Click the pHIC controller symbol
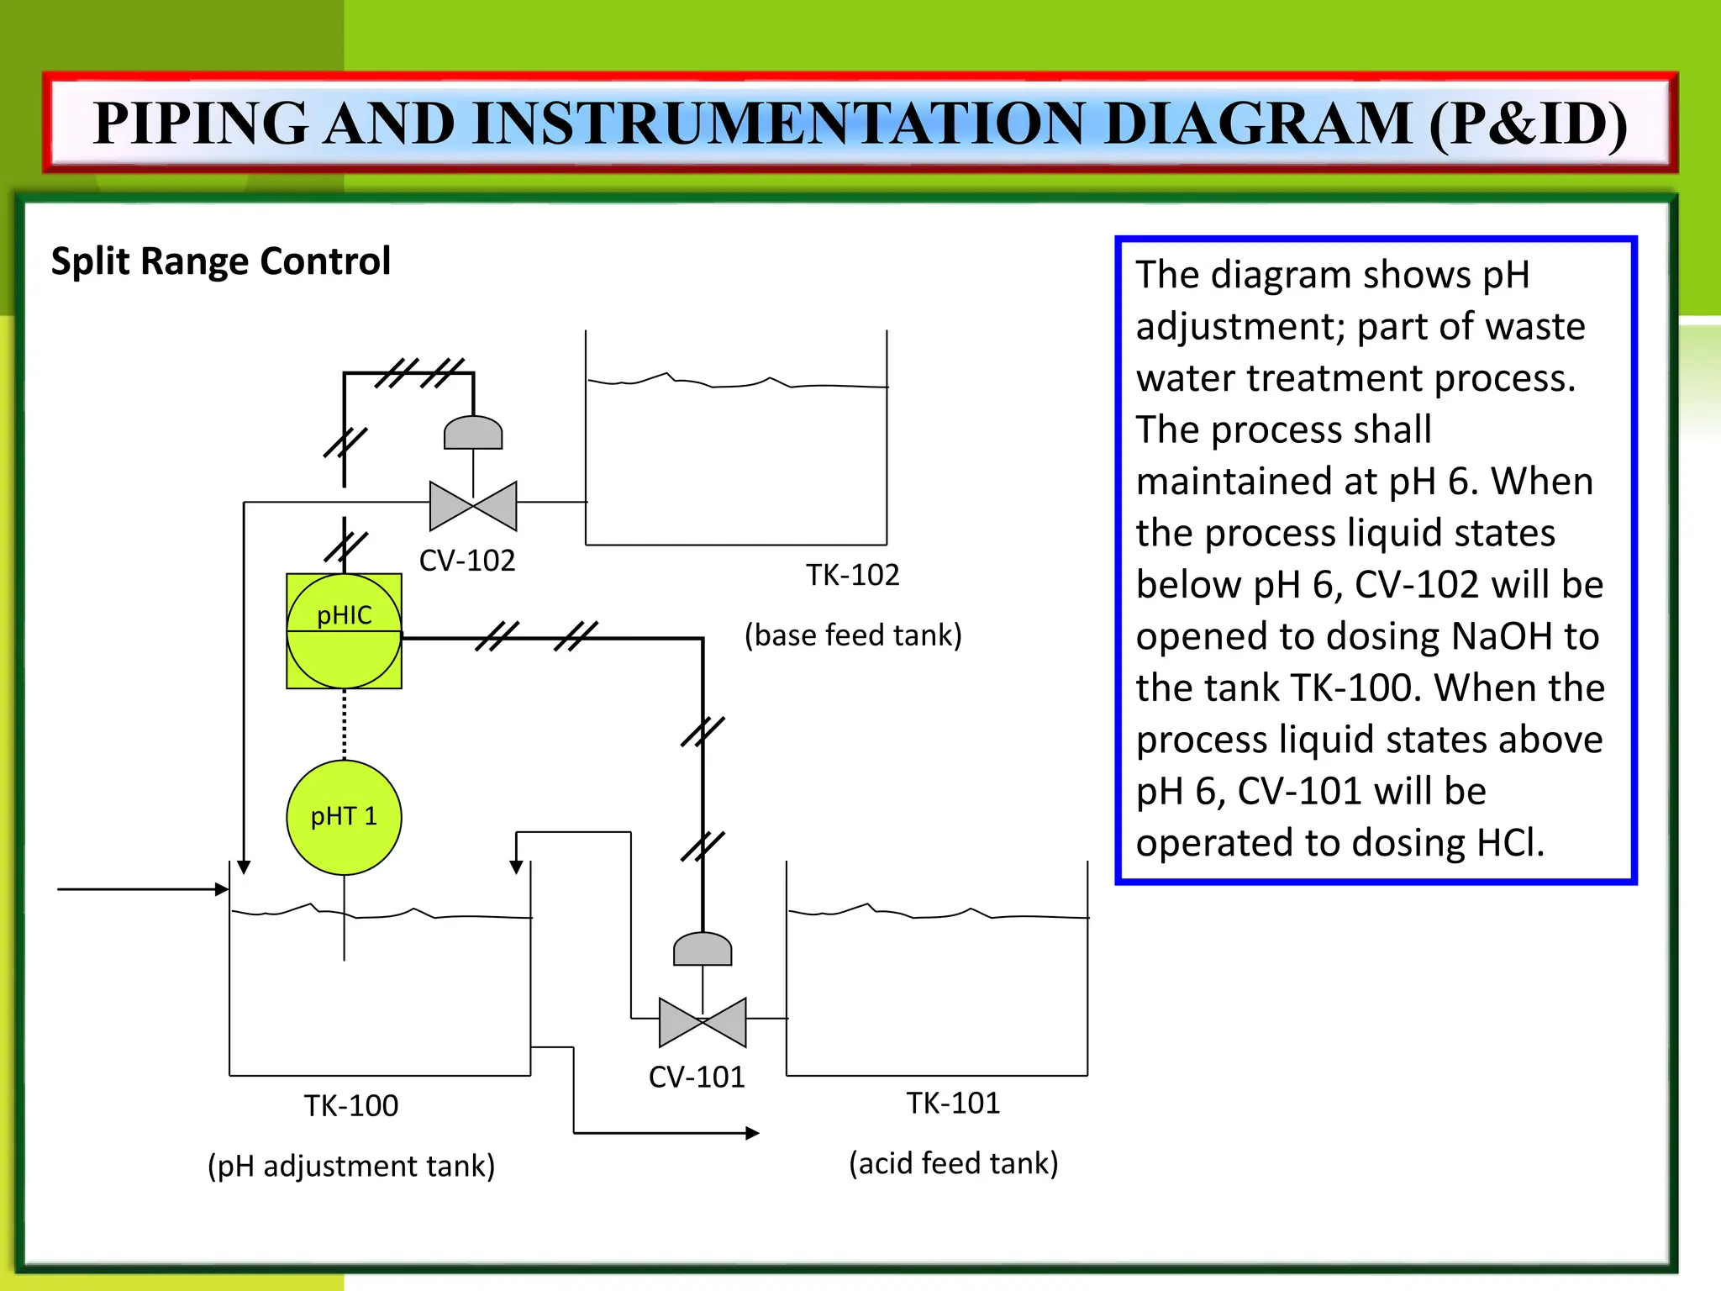click(x=344, y=631)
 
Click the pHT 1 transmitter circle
click(x=344, y=817)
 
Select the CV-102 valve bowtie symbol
click(x=473, y=506)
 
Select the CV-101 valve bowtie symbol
click(x=703, y=1022)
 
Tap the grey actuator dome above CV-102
click(x=473, y=434)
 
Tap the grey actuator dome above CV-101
click(x=703, y=950)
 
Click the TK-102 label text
click(x=852, y=576)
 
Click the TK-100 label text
click(x=351, y=1106)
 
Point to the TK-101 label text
click(x=953, y=1104)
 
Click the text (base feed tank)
click(x=853, y=635)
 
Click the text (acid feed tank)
click(x=953, y=1164)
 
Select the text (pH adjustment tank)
click(x=351, y=1167)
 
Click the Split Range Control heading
click(x=221, y=261)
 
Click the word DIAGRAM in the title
click(x=1257, y=124)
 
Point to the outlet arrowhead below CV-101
click(x=752, y=1133)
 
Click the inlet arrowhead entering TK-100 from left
click(x=223, y=889)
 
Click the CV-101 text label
click(x=697, y=1078)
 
